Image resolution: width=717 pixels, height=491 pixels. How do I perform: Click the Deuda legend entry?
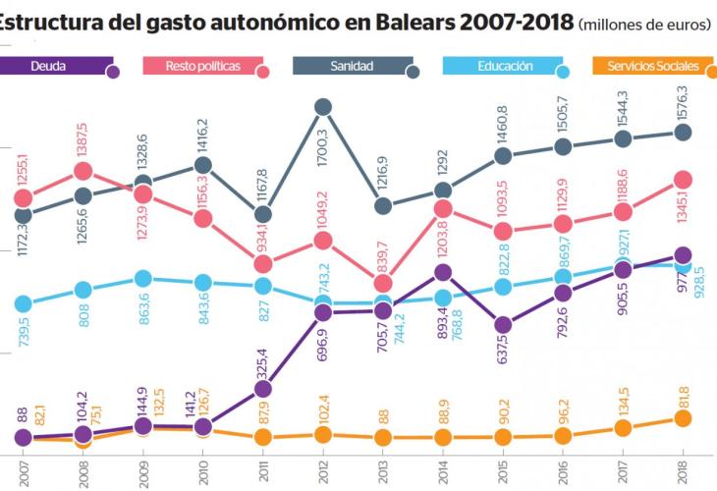click(59, 67)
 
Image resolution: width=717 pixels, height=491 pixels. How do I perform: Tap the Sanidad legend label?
click(352, 67)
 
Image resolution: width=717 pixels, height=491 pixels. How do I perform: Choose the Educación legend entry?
click(505, 67)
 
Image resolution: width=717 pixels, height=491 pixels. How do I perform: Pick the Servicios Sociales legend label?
click(652, 67)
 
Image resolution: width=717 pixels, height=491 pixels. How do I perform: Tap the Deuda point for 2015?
click(503, 325)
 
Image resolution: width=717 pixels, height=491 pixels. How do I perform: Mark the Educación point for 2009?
click(143, 279)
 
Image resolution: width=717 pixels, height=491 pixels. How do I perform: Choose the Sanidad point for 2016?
click(563, 146)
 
